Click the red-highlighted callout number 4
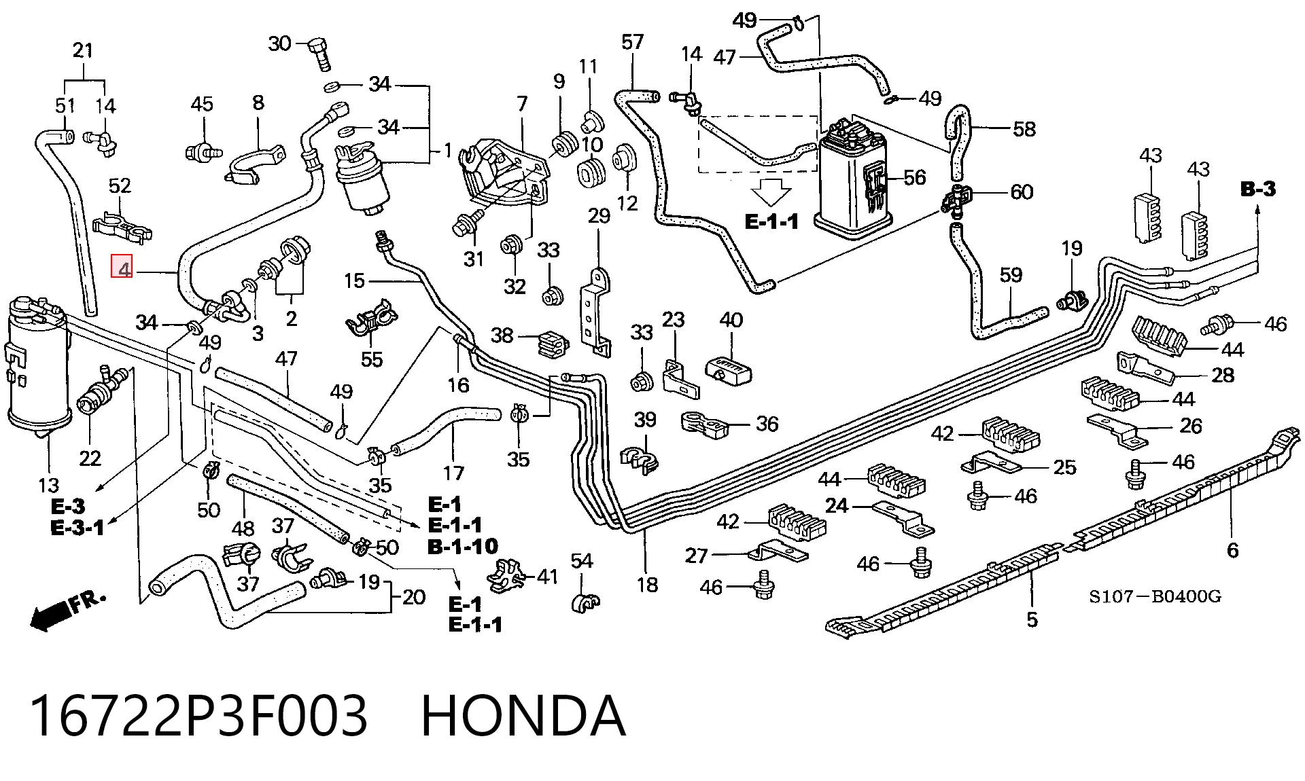[122, 267]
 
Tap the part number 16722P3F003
[198, 716]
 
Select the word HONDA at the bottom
[523, 716]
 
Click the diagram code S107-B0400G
[1155, 596]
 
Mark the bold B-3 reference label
[1258, 189]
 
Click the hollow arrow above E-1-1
[771, 192]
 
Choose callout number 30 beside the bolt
[279, 43]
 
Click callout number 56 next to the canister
[914, 177]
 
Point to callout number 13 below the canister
[48, 485]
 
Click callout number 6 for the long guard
[1232, 549]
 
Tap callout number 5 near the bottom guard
[1032, 619]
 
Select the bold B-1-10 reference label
[463, 546]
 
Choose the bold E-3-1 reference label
[77, 527]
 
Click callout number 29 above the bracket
[599, 216]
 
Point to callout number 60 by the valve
[1022, 192]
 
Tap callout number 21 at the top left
[83, 50]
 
